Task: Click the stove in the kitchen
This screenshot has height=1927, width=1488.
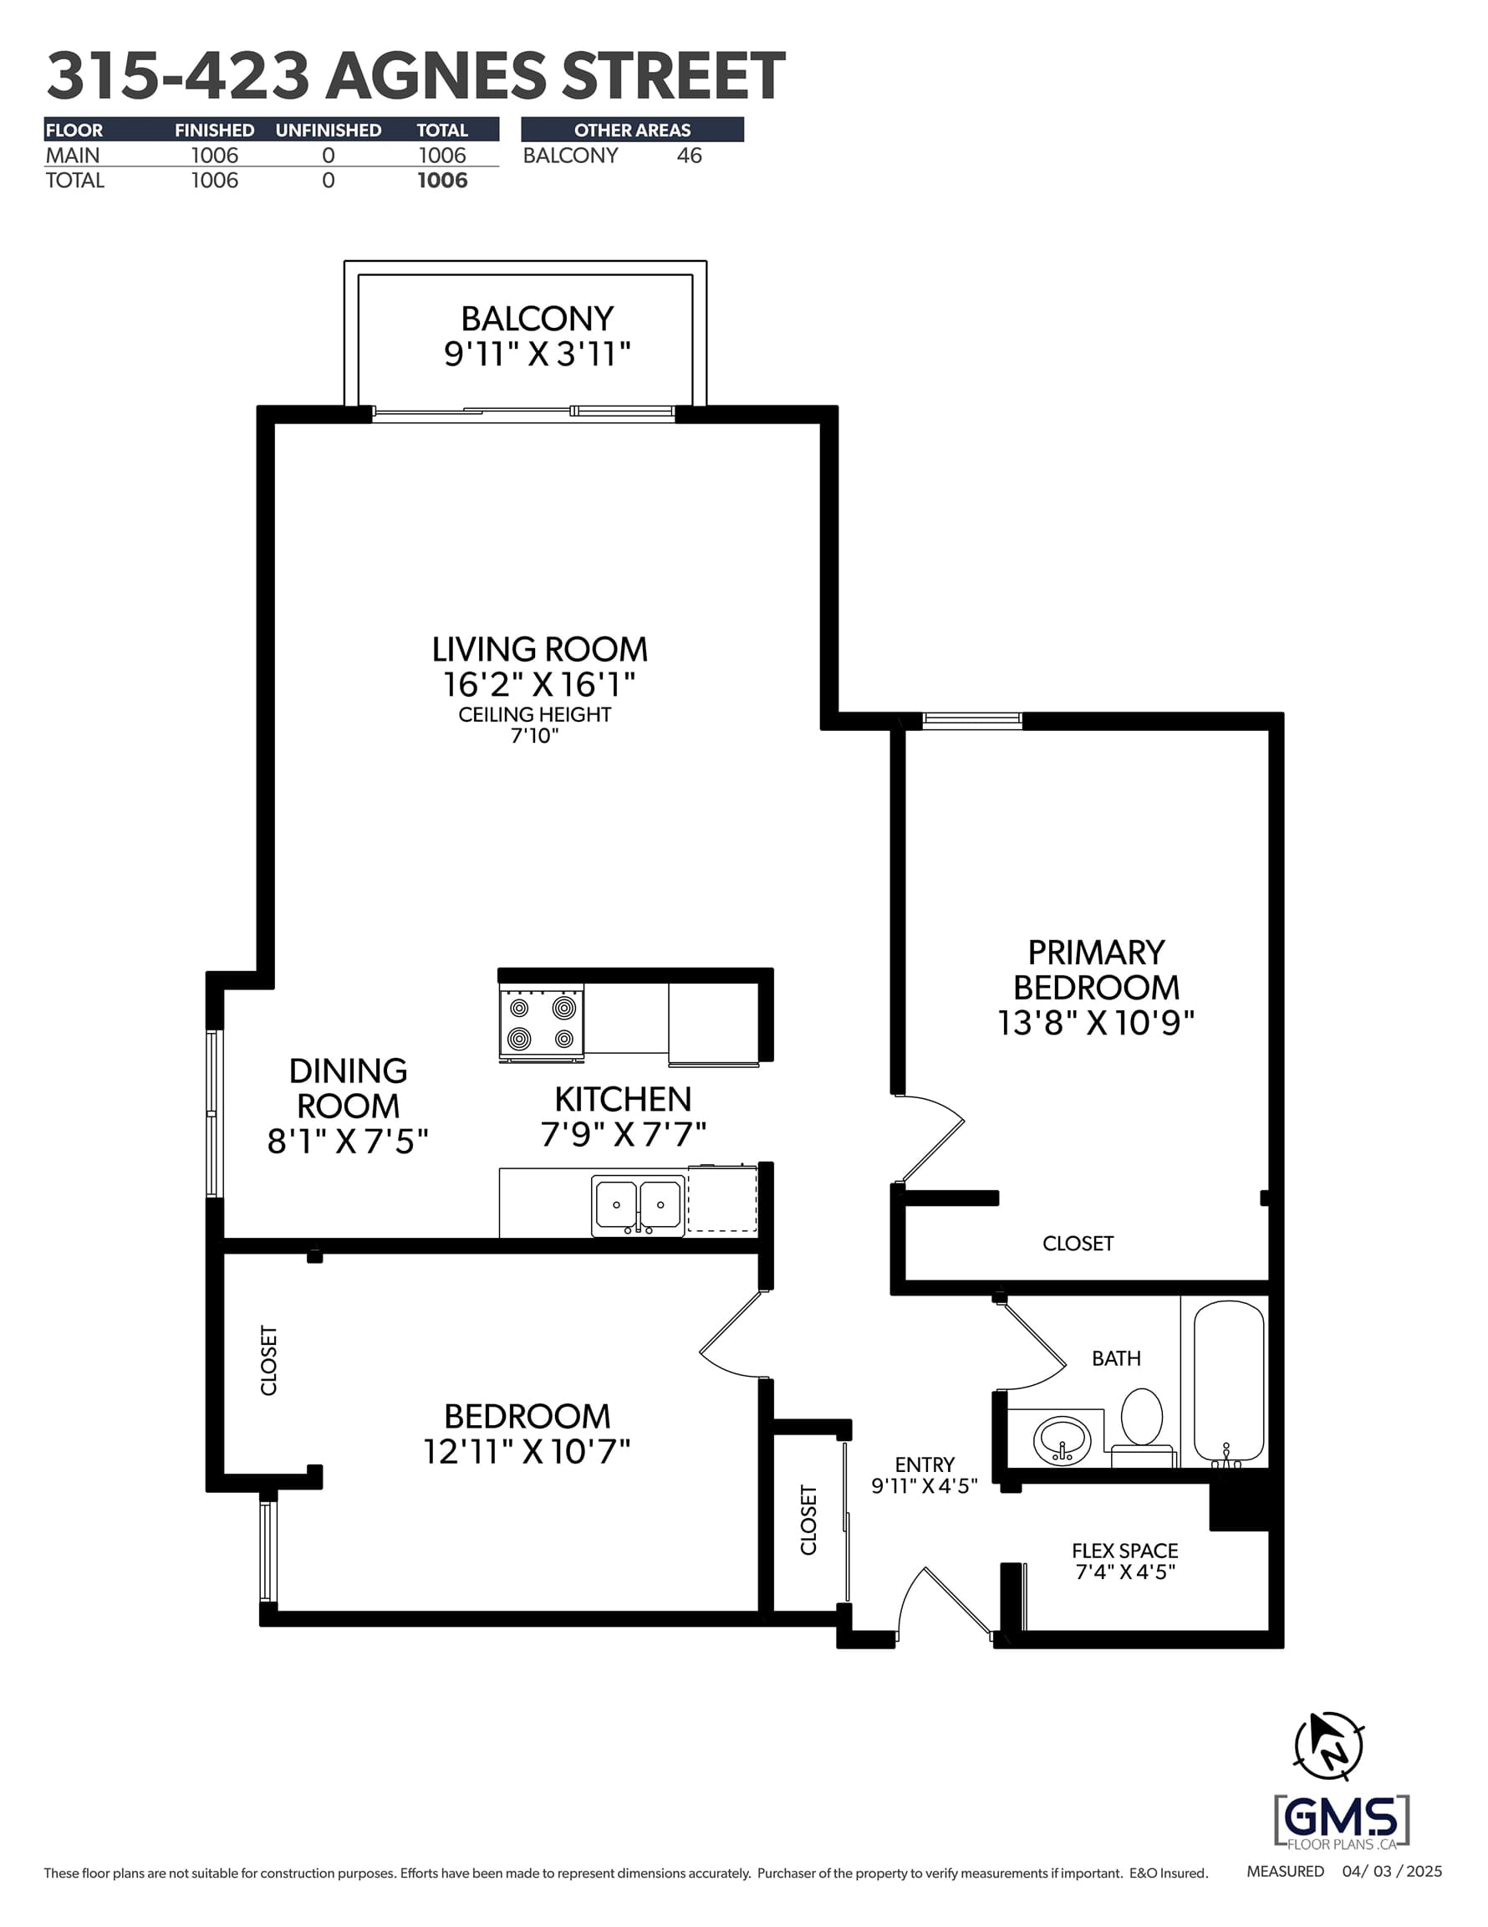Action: pos(542,1024)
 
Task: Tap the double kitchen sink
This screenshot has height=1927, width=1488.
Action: pos(638,1205)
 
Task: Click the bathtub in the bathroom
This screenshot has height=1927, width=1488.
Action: pos(1229,1383)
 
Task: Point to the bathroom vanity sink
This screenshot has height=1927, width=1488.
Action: pos(1062,1441)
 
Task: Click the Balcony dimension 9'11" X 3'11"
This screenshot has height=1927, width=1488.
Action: pos(538,354)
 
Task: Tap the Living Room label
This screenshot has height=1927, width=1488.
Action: pos(539,649)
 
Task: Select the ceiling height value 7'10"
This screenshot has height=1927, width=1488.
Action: pos(534,735)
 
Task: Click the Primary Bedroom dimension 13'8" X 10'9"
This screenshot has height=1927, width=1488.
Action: pos(1095,1023)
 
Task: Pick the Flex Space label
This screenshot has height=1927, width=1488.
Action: pos(1124,1551)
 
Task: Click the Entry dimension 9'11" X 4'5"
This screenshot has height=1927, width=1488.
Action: pos(925,1486)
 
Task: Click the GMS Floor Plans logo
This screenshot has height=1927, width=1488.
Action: pos(1342,1821)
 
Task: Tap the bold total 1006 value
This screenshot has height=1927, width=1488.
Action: pos(442,181)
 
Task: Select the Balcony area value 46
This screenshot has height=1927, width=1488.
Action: pos(689,156)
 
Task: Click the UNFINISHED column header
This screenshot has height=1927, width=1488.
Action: pos(329,130)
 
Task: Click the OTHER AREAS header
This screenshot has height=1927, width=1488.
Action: pos(633,130)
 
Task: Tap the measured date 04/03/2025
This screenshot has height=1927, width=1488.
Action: pos(1392,1872)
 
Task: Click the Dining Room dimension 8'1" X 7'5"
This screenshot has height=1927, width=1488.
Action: pos(348,1142)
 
